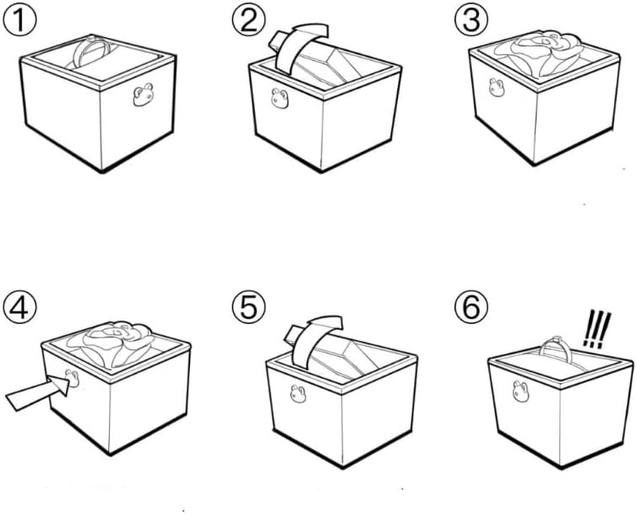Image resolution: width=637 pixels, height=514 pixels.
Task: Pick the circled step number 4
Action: (17, 307)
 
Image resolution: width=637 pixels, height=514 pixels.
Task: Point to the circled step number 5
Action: (248, 307)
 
